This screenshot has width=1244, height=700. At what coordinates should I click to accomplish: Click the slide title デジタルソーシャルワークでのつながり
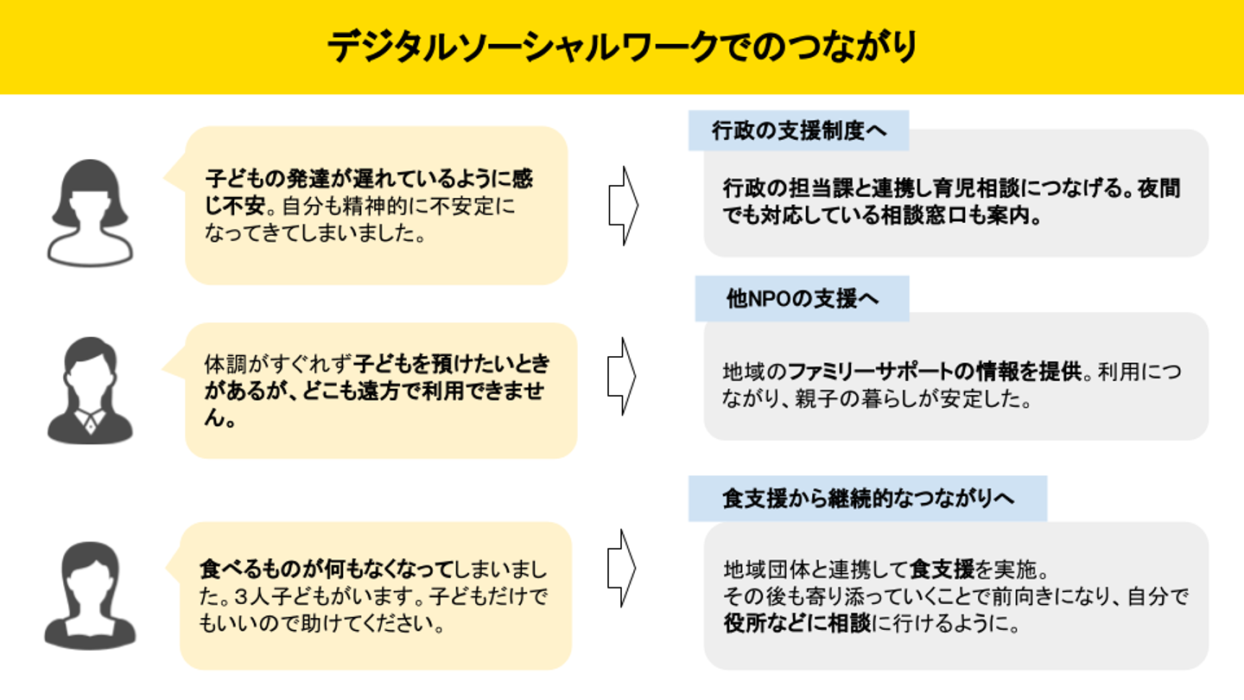(621, 47)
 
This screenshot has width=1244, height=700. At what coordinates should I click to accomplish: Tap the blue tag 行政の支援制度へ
(797, 130)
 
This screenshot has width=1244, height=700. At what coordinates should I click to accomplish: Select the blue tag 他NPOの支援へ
(802, 298)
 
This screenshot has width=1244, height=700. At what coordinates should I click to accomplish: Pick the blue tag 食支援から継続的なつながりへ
(867, 499)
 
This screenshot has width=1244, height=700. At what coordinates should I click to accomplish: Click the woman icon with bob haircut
(91, 212)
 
